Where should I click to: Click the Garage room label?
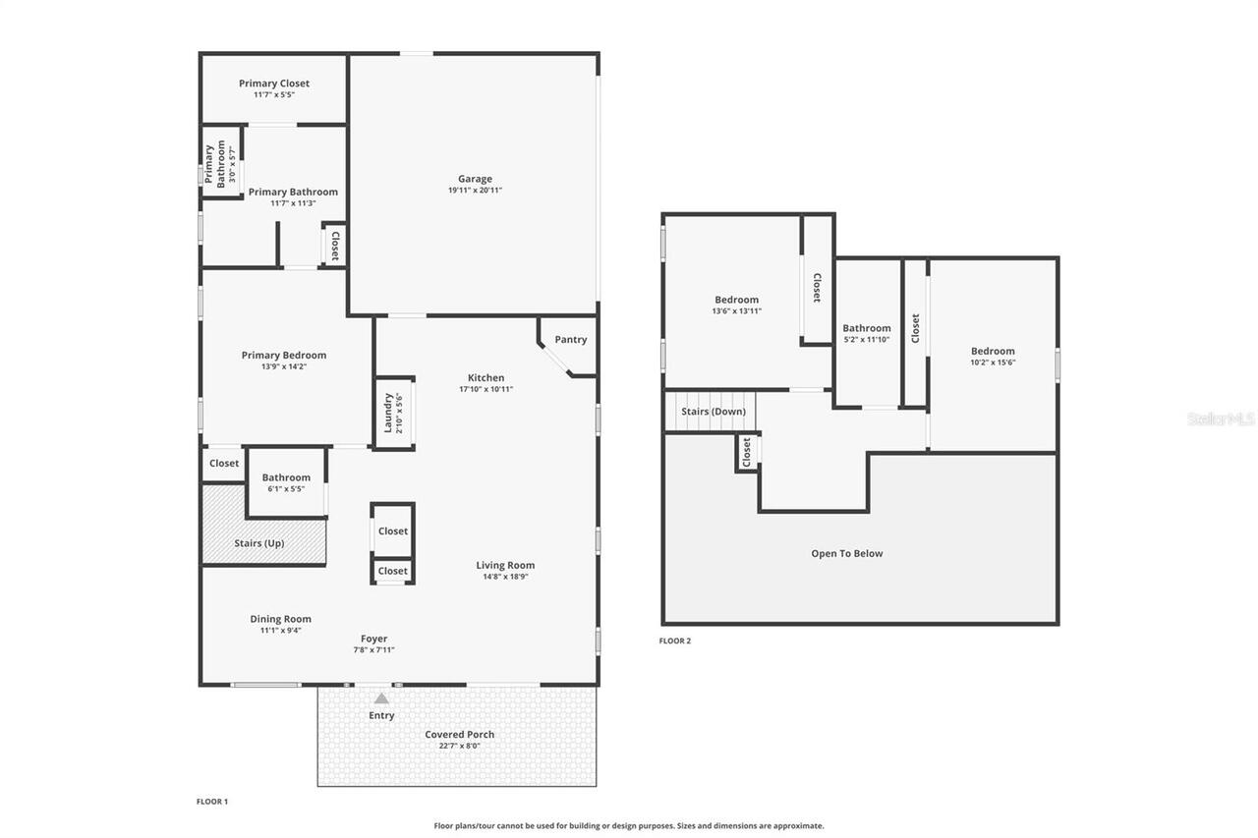pyautogui.click(x=475, y=179)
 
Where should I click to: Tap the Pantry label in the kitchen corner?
pyautogui.click(x=570, y=340)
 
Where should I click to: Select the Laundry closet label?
pyautogui.click(x=388, y=413)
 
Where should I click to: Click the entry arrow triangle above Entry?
pyautogui.click(x=381, y=698)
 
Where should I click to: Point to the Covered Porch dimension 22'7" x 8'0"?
pyautogui.click(x=459, y=746)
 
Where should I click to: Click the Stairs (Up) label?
pyautogui.click(x=258, y=543)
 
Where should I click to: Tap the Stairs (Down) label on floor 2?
pyautogui.click(x=714, y=412)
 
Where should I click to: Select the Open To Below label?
pyautogui.click(x=846, y=554)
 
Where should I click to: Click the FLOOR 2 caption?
pyautogui.click(x=674, y=642)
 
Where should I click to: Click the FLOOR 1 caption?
pyautogui.click(x=211, y=802)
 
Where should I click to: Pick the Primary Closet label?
pyautogui.click(x=273, y=84)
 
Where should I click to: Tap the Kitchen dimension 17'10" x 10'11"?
pyautogui.click(x=486, y=389)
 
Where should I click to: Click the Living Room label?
pyautogui.click(x=505, y=565)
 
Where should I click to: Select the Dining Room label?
pyautogui.click(x=280, y=619)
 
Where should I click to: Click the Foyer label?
pyautogui.click(x=373, y=639)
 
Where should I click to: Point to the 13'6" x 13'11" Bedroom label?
pyautogui.click(x=736, y=300)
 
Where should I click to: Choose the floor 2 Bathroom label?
pyautogui.click(x=866, y=328)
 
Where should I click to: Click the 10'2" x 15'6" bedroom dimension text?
pyautogui.click(x=993, y=363)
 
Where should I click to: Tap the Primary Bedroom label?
pyautogui.click(x=283, y=356)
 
